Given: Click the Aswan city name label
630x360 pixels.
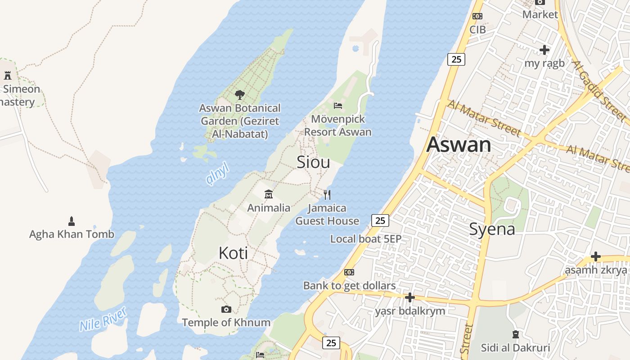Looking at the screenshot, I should point(459,144).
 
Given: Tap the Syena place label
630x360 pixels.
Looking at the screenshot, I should point(492,229).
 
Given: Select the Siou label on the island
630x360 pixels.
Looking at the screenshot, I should point(313,162).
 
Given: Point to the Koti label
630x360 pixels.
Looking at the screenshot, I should point(233,253).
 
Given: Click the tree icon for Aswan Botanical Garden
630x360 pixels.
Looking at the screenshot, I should point(240,95).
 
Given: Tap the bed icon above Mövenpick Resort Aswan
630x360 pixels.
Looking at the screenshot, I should point(338,106).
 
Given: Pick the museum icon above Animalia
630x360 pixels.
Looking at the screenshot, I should point(269,194).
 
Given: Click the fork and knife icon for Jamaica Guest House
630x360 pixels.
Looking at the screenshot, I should point(327,195).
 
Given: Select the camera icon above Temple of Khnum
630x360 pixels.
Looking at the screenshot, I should point(226,309).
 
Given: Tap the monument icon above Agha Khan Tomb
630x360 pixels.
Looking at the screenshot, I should point(71,221).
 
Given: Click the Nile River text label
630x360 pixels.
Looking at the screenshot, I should point(103,319).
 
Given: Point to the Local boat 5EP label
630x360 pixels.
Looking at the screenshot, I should point(365,239).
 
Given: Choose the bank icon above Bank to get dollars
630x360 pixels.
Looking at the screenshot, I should point(349,272).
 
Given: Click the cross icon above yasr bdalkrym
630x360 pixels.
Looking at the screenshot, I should point(409,297).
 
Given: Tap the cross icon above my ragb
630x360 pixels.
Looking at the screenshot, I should point(544,50).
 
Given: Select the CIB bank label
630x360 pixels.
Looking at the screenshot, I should point(477,30).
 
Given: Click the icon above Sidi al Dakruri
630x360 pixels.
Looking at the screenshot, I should point(515,334).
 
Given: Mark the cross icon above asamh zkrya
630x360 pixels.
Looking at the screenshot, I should point(596,256).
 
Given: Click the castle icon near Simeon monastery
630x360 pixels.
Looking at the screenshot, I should point(8,75).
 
